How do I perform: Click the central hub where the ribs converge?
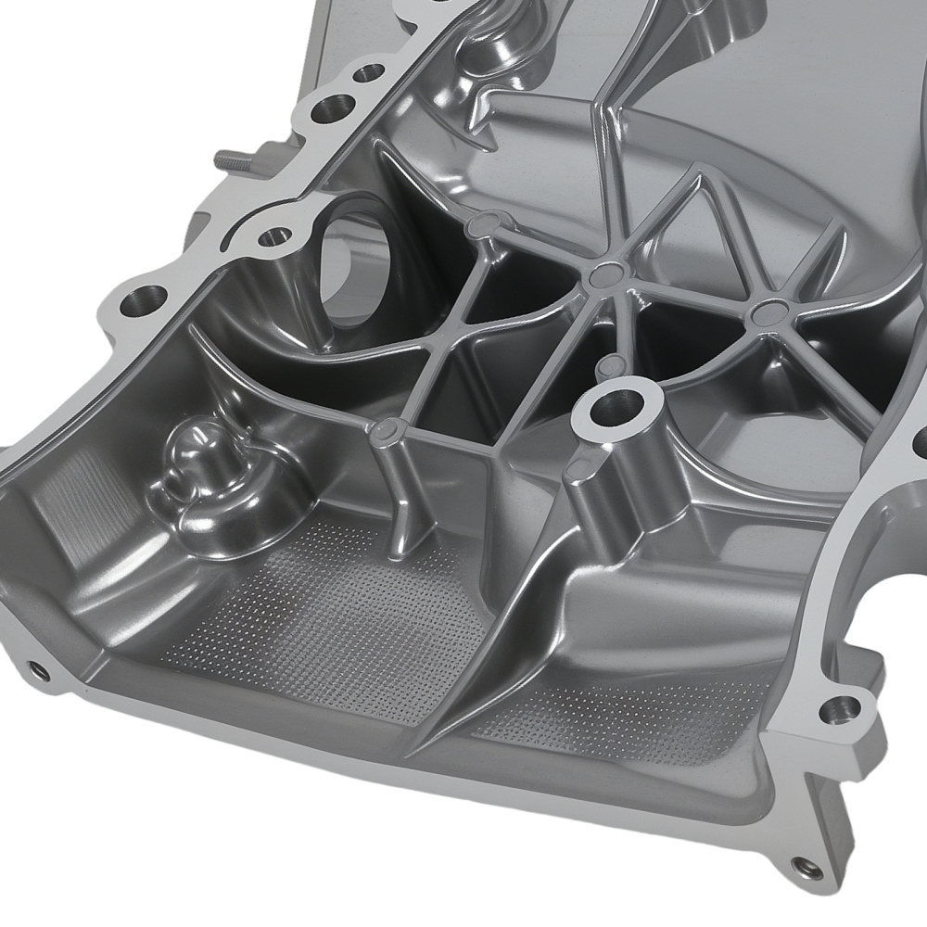tap(607, 272)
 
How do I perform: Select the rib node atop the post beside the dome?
tap(387, 428)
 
